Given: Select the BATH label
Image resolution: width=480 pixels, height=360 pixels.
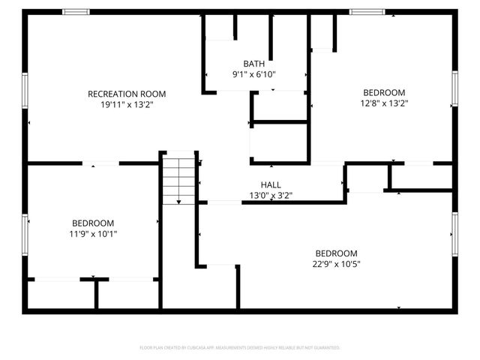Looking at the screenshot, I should [253, 64].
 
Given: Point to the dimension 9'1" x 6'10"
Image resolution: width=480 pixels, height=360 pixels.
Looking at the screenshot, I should [253, 74].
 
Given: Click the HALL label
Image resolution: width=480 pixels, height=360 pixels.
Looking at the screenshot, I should [271, 184].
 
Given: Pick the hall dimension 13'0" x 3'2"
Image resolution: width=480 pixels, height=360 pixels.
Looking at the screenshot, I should [271, 196].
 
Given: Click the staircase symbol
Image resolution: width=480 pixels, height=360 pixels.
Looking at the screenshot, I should [179, 181].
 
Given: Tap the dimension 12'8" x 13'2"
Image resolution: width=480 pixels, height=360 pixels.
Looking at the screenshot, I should [384, 103].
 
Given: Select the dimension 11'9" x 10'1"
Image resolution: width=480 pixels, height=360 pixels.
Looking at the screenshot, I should [93, 234].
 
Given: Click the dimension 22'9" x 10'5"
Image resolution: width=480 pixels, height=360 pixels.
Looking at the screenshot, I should [336, 264].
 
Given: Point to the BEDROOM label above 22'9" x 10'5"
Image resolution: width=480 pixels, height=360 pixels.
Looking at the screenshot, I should [336, 253].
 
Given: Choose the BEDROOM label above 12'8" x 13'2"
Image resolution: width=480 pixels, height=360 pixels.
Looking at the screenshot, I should [384, 92].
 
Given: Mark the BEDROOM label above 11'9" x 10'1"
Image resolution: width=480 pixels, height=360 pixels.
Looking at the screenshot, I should [93, 223].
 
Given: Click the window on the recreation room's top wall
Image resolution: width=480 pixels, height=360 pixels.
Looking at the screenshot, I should [76, 12].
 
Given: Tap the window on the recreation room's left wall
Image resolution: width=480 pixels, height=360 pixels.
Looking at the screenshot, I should [25, 90].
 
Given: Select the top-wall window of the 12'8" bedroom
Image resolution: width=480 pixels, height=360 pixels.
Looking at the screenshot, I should [367, 12].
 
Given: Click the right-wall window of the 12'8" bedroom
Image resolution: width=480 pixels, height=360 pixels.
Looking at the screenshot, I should [454, 88].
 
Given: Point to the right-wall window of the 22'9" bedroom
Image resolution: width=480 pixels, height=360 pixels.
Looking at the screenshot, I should [454, 234].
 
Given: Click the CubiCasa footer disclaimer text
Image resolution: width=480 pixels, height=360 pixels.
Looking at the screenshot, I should [240, 348].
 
